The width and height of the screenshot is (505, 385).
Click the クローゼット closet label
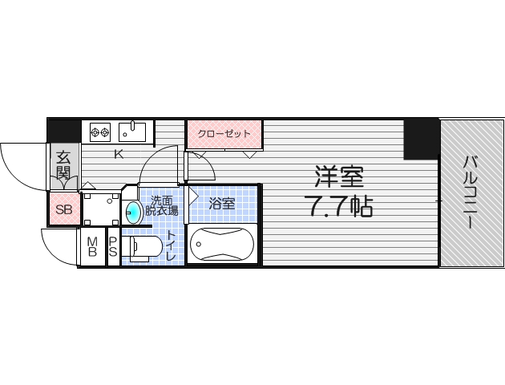(224, 133)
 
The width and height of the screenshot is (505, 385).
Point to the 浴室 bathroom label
(222, 205)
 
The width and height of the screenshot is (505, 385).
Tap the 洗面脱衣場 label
(163, 208)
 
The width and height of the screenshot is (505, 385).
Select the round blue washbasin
(135, 212)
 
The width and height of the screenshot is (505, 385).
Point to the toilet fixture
(144, 248)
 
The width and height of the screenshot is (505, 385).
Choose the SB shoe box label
(63, 212)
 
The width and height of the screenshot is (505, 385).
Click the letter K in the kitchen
(118, 155)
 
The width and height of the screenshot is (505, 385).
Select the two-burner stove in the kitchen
(99, 132)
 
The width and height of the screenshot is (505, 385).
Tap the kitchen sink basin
(131, 131)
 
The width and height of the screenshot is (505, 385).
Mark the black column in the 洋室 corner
(421, 139)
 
